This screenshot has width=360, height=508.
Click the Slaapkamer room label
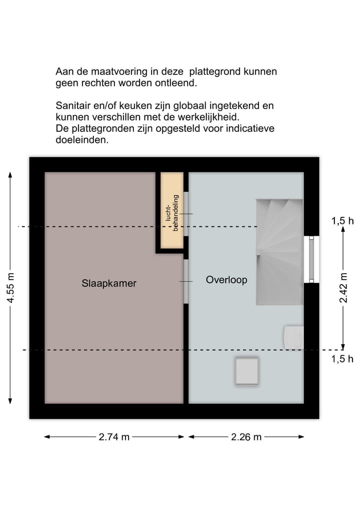[109, 283]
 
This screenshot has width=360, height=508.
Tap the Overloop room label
[226, 280]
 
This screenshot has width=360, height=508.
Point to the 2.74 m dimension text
[114, 437]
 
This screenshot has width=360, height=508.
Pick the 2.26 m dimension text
[246, 437]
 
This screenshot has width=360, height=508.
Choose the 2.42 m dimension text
[343, 288]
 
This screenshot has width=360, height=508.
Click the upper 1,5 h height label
[342, 221]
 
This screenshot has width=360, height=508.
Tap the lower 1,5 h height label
[342, 358]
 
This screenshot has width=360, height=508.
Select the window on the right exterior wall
[311, 259]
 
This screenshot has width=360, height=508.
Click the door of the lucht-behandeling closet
[186, 214]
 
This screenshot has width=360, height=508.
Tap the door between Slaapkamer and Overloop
[186, 281]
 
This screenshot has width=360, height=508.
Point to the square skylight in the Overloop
[247, 371]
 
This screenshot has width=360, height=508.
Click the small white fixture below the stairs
[293, 337]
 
